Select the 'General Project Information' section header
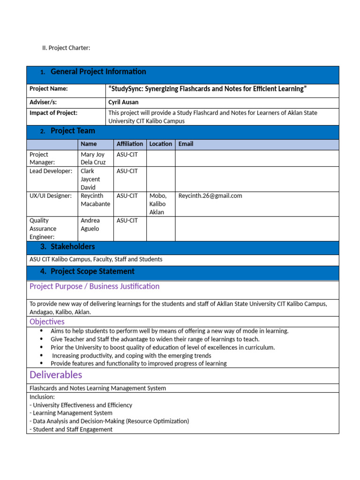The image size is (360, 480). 98,72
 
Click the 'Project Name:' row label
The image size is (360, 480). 49,89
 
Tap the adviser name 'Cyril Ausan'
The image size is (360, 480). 123,102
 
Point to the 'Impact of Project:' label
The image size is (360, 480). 53,112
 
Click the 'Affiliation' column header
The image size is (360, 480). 130,144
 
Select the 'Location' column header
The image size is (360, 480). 161,144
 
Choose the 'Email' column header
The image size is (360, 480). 186,144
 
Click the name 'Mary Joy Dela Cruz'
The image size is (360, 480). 93,158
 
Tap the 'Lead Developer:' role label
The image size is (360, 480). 51,171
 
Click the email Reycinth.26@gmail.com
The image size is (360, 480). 210,196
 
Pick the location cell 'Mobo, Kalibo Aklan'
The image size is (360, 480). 158,204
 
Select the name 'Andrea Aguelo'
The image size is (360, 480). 90,225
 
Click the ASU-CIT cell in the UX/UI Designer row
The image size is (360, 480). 127,196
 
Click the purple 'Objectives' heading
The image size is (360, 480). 47,322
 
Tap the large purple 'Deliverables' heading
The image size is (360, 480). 56,375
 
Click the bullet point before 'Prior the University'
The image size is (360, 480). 42,347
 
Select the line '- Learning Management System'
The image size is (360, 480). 71,413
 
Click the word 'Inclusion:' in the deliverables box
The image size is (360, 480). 42,397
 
